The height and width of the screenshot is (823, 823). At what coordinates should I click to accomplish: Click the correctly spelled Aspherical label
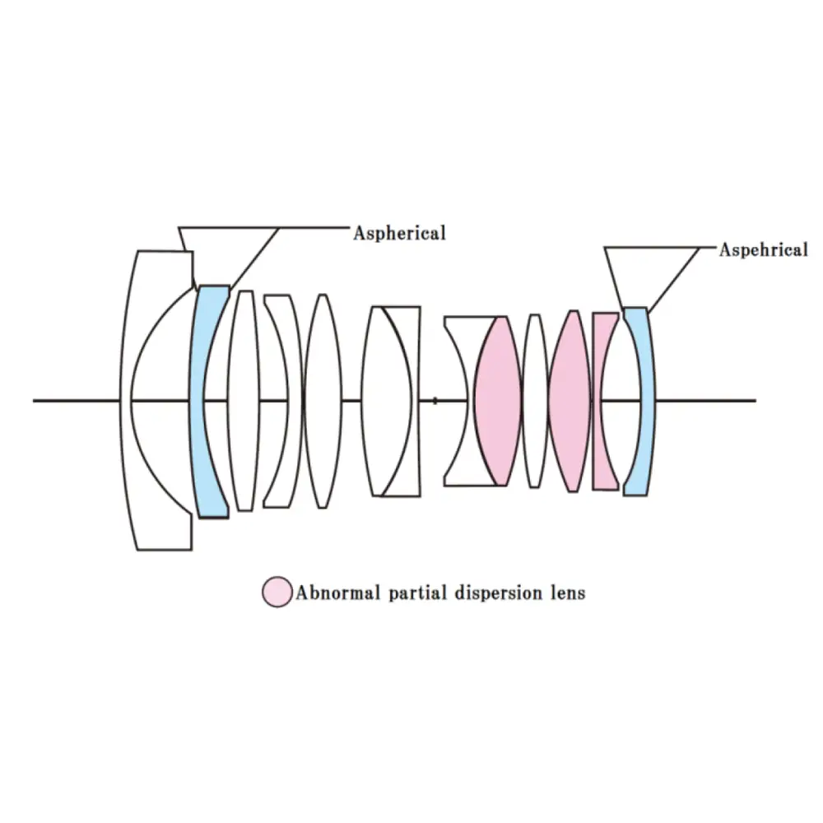click(399, 233)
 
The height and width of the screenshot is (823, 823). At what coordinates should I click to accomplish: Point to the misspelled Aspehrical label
click(763, 250)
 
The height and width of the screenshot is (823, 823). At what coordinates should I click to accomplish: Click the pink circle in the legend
click(277, 592)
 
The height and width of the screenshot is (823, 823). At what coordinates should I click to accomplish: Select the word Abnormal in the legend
click(332, 592)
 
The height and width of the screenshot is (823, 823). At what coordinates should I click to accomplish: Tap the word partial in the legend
click(409, 592)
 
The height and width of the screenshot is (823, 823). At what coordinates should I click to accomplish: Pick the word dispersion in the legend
click(493, 592)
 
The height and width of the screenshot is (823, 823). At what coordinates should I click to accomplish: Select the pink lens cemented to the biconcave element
click(499, 401)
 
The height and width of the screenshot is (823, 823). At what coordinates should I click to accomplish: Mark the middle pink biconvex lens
click(569, 401)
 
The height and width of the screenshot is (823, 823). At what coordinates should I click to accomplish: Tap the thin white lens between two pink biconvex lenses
click(535, 401)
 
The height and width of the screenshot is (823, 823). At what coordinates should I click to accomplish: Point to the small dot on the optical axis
click(435, 401)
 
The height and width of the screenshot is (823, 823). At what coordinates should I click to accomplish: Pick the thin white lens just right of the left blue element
click(243, 401)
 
